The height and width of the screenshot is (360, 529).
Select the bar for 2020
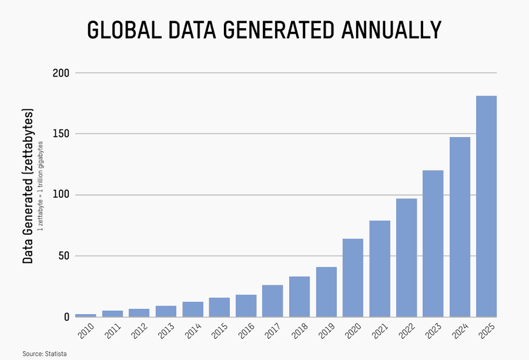pyautogui.click(x=353, y=277)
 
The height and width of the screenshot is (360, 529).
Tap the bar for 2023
pyautogui.click(x=433, y=243)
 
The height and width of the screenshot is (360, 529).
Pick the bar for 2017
pyautogui.click(x=273, y=301)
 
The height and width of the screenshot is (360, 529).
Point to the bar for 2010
pyautogui.click(x=86, y=315)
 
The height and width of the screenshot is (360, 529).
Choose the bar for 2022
pyautogui.click(x=406, y=257)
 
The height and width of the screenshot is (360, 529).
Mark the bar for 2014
pyautogui.click(x=193, y=309)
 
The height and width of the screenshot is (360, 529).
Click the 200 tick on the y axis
pyautogui.click(x=62, y=73)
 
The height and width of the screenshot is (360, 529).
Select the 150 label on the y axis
pyautogui.click(x=62, y=134)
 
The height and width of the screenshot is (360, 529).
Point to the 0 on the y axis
pyautogui.click(x=66, y=317)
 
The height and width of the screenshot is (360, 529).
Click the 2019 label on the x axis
pyautogui.click(x=325, y=332)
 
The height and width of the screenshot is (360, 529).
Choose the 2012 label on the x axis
pyautogui.click(x=139, y=332)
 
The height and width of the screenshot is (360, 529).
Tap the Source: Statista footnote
pyautogui.click(x=45, y=354)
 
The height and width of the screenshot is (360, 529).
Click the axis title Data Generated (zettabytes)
pyautogui.click(x=28, y=185)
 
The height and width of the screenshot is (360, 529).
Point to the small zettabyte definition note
pyautogui.click(x=41, y=185)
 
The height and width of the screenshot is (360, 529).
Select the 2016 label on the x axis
pyautogui.click(x=245, y=332)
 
